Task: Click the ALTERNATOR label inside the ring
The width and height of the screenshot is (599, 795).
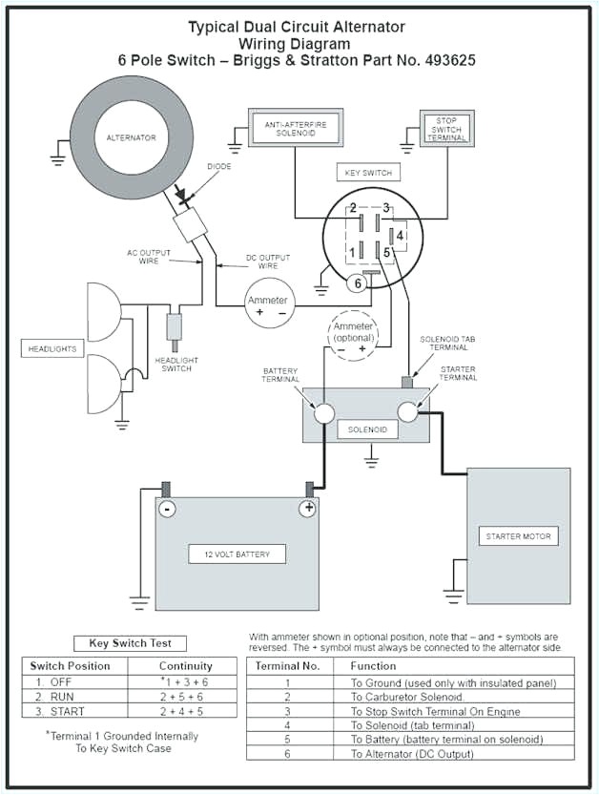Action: point(132,138)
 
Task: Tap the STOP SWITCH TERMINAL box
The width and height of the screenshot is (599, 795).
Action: point(446,129)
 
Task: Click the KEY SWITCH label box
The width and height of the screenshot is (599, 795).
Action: point(367,173)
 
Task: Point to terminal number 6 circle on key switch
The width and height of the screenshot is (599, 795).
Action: point(358,283)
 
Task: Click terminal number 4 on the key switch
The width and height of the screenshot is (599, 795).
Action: point(401,234)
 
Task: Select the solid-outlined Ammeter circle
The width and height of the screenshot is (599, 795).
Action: point(268,305)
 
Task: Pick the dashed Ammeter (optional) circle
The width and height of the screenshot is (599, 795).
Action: point(351,336)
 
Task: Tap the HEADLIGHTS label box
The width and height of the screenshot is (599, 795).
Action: point(50,349)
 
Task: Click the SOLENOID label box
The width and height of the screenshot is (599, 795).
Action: point(367,429)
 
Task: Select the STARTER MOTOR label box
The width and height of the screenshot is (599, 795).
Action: point(518,536)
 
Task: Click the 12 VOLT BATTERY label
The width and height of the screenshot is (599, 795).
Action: point(237,554)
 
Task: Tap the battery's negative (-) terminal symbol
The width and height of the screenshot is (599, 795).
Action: point(167,509)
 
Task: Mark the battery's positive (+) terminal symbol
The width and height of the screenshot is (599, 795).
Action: point(307,509)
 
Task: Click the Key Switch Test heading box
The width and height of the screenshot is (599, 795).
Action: point(130,643)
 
